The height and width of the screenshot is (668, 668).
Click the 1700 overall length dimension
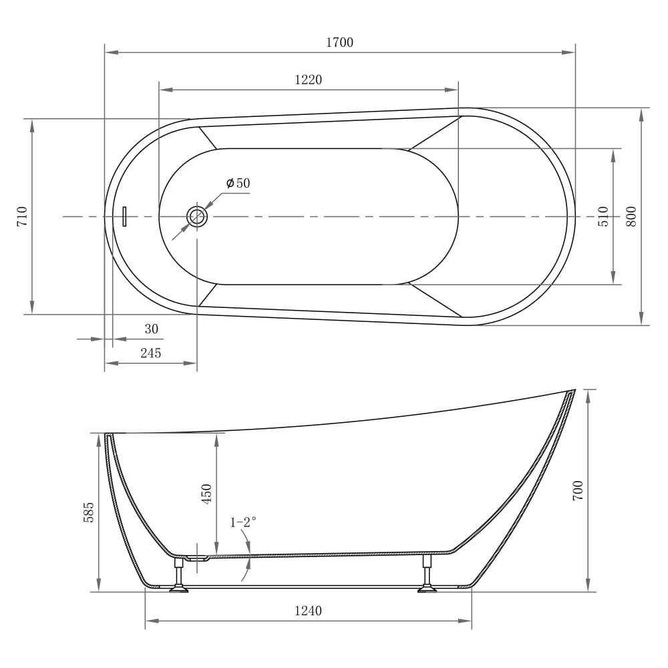[x=339, y=43]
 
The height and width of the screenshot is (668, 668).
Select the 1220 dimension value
[x=308, y=80]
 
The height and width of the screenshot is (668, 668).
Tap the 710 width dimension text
[x=23, y=216]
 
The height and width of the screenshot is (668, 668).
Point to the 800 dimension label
[x=631, y=216]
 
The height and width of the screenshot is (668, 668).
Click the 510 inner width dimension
[x=603, y=216]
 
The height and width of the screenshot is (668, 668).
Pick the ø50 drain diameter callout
[x=238, y=183]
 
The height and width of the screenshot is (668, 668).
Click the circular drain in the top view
[x=196, y=216]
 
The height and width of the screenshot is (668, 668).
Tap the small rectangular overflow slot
[x=124, y=216]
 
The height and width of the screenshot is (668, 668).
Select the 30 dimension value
[x=152, y=329]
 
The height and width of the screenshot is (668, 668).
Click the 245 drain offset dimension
[x=150, y=353]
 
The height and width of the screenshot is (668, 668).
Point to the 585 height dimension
[x=89, y=512]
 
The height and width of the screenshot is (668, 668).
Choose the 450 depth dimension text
[x=206, y=494]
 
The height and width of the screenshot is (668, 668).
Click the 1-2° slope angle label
[x=243, y=522]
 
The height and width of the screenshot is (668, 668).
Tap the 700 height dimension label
[x=578, y=490]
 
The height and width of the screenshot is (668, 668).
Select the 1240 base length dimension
[x=308, y=611]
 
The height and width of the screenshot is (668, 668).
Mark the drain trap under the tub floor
[x=197, y=557]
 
